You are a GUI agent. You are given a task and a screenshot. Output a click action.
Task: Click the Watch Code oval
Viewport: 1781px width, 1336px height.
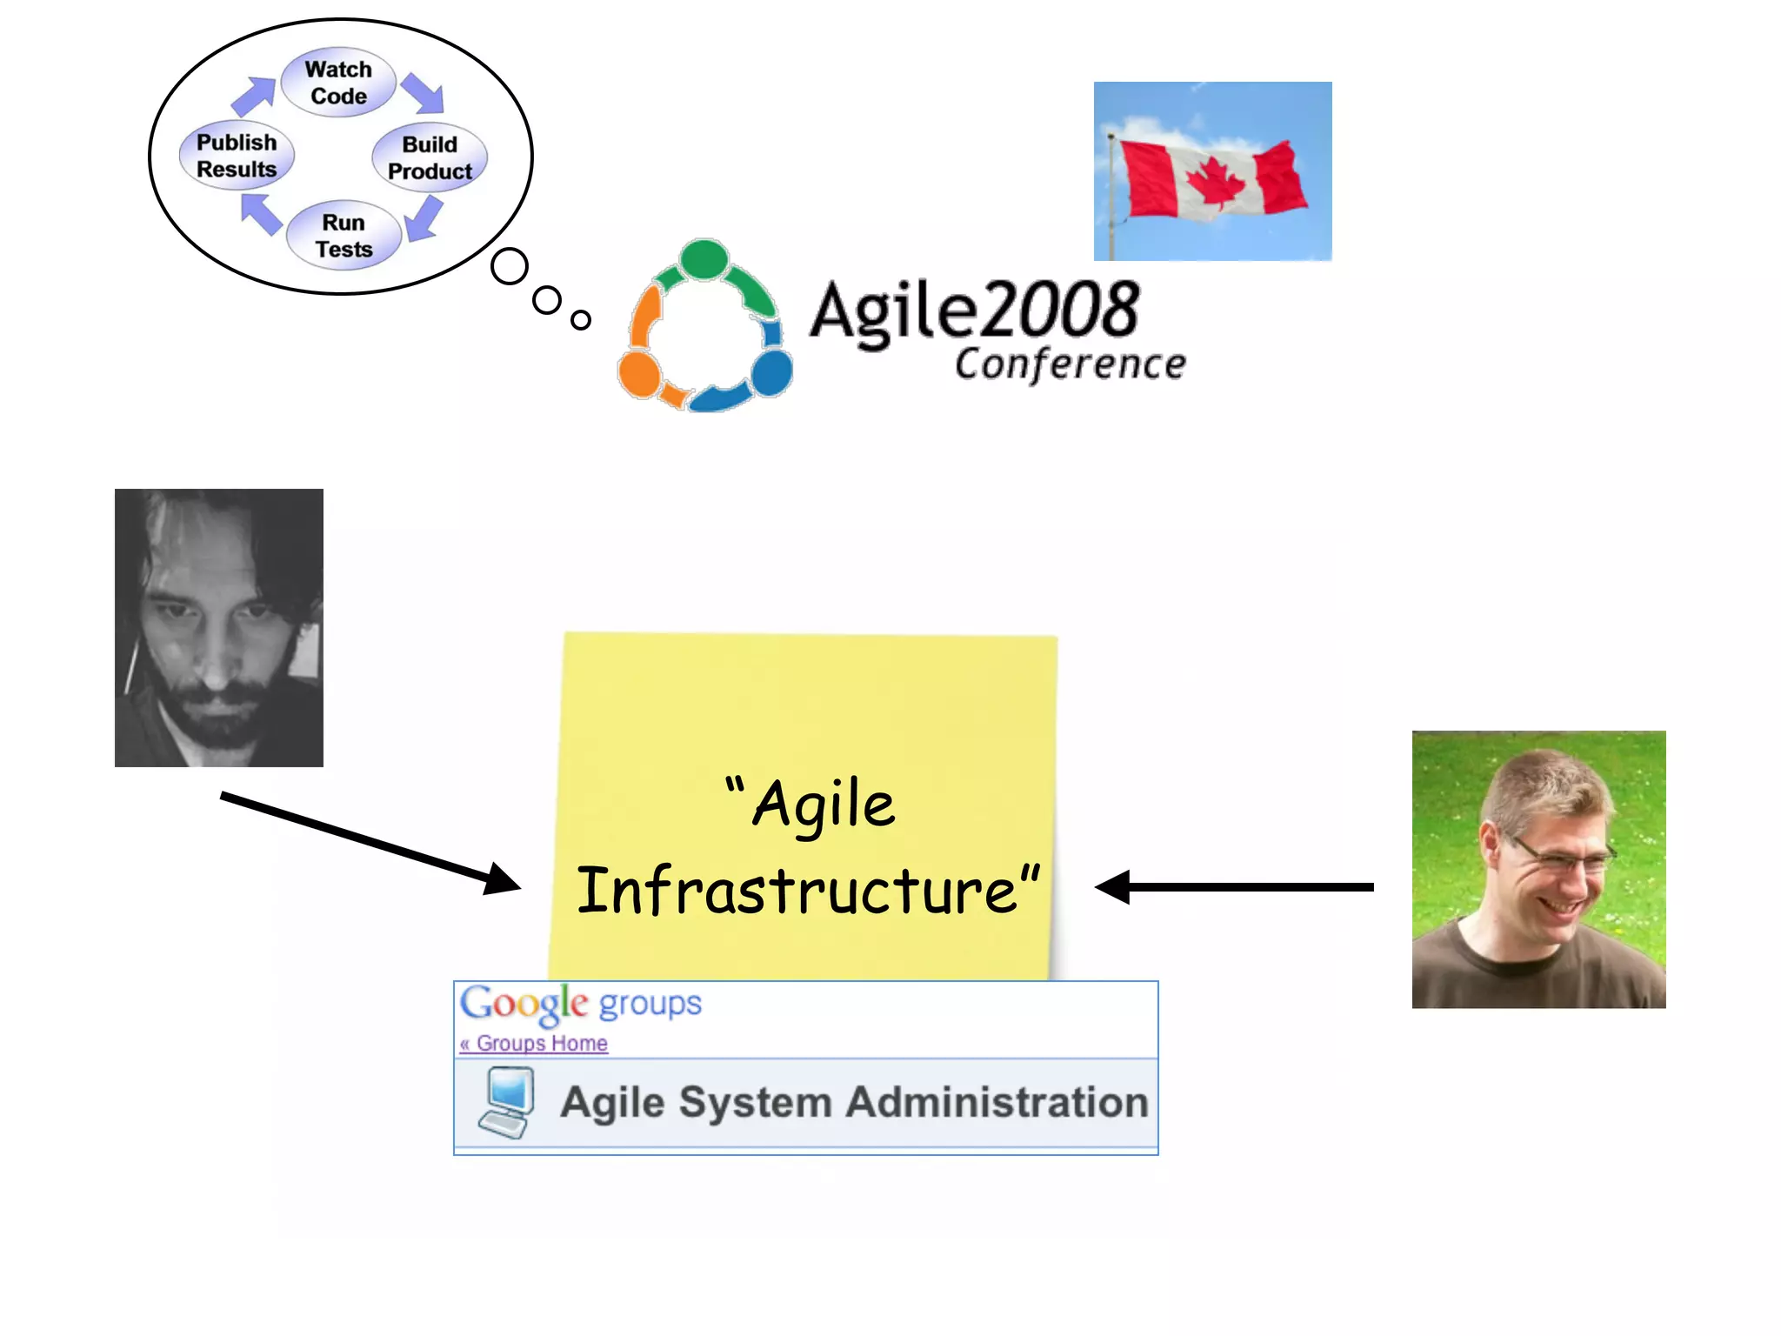338,83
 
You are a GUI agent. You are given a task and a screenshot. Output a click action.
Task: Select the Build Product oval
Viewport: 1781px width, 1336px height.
430,157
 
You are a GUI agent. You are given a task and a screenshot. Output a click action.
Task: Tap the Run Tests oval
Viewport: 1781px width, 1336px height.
344,236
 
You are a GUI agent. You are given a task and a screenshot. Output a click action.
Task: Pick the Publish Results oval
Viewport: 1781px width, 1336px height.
237,156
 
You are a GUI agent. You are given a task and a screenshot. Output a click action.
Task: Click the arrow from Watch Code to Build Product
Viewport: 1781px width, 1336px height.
424,93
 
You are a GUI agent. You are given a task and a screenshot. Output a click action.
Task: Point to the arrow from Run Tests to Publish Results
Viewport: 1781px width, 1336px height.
261,213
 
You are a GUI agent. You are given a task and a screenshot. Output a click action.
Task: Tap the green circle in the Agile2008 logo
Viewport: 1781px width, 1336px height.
704,259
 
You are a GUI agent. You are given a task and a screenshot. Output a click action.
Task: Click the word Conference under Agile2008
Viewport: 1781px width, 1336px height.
1070,364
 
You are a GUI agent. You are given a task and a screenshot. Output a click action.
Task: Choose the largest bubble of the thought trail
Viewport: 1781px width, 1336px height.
510,266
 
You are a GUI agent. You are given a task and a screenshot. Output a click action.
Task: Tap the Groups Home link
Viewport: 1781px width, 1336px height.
541,1043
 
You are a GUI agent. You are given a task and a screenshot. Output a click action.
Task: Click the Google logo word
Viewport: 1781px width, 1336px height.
524,1004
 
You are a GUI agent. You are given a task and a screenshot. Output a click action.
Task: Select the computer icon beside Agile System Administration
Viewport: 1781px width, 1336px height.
507,1103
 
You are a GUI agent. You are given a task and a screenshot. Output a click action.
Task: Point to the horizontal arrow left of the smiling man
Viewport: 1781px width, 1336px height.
1235,887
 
